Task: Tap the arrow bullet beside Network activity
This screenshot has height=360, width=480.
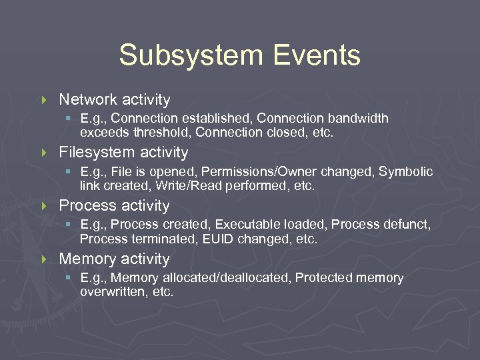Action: pyautogui.click(x=45, y=100)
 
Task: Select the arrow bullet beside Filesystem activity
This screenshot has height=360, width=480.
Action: pyautogui.click(x=45, y=153)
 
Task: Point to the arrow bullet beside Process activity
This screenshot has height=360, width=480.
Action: pyautogui.click(x=45, y=206)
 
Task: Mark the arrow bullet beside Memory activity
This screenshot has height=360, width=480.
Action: pyautogui.click(x=45, y=259)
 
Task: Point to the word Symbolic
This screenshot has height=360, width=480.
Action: pyautogui.click(x=406, y=172)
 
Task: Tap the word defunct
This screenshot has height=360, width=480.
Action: pyautogui.click(x=405, y=225)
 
